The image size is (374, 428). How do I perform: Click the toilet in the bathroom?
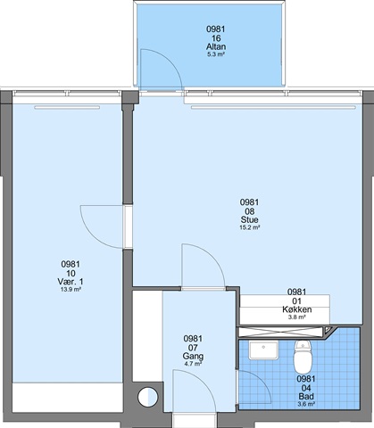pyautogui.click(x=303, y=357)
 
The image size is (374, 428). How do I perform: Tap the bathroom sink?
pyautogui.click(x=263, y=350)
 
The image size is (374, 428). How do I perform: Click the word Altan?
pyautogui.click(x=216, y=46)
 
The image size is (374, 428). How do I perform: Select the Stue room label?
pyautogui.click(x=249, y=219)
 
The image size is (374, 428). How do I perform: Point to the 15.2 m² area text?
pyautogui.click(x=250, y=227)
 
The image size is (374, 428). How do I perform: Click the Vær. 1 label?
pyautogui.click(x=71, y=282)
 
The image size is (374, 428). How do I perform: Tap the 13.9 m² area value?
pyautogui.click(x=71, y=290)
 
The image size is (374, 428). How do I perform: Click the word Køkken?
pyautogui.click(x=297, y=309)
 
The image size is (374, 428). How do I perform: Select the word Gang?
pyautogui.click(x=193, y=356)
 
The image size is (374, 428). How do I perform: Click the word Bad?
pyautogui.click(x=306, y=397)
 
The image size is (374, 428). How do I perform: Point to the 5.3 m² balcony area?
pyautogui.click(x=216, y=54)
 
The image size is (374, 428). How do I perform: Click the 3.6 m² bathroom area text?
pyautogui.click(x=306, y=404)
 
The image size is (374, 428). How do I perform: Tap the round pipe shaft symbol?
pyautogui.click(x=147, y=397)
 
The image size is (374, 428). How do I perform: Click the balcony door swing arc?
pyautogui.click(x=170, y=61)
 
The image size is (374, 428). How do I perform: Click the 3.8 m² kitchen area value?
pyautogui.click(x=297, y=317)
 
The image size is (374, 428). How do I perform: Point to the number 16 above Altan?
pyautogui.click(x=216, y=38)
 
